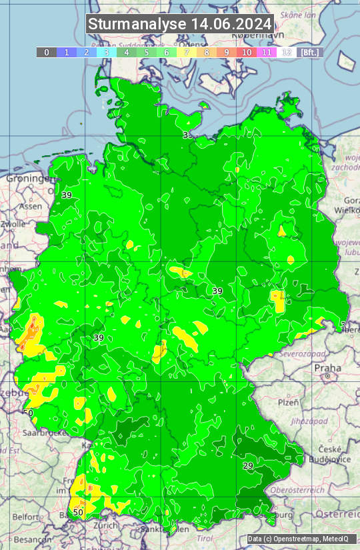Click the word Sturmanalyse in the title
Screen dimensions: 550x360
click(x=137, y=24)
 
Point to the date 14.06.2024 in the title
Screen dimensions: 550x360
click(x=231, y=24)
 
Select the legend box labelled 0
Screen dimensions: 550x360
click(x=46, y=52)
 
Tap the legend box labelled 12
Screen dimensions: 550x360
click(x=286, y=52)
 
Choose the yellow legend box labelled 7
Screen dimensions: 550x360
click(x=186, y=52)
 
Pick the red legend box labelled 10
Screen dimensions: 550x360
click(x=246, y=52)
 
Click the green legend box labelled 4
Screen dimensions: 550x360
click(x=126, y=52)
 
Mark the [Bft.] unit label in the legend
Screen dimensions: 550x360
click(x=309, y=52)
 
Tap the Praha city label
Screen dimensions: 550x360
click(x=327, y=368)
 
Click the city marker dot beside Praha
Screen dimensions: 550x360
click(x=328, y=377)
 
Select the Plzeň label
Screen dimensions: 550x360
click(x=288, y=402)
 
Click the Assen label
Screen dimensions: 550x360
click(x=31, y=207)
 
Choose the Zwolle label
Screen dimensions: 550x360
click(x=13, y=224)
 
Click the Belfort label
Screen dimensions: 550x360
click(x=26, y=516)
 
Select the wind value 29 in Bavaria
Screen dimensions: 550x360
click(x=248, y=465)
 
